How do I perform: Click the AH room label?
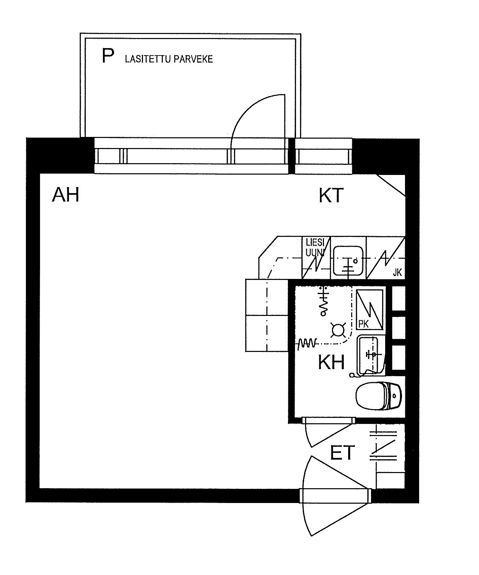coord(66,195)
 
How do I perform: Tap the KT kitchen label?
coord(331,195)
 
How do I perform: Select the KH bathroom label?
coord(332,363)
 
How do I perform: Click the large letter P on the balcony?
coord(108,56)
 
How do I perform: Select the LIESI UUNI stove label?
coord(315,247)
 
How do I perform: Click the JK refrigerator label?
coord(397,273)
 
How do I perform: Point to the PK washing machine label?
coord(364,324)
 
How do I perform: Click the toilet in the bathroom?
coord(378,395)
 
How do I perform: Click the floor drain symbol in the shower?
coord(337,331)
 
